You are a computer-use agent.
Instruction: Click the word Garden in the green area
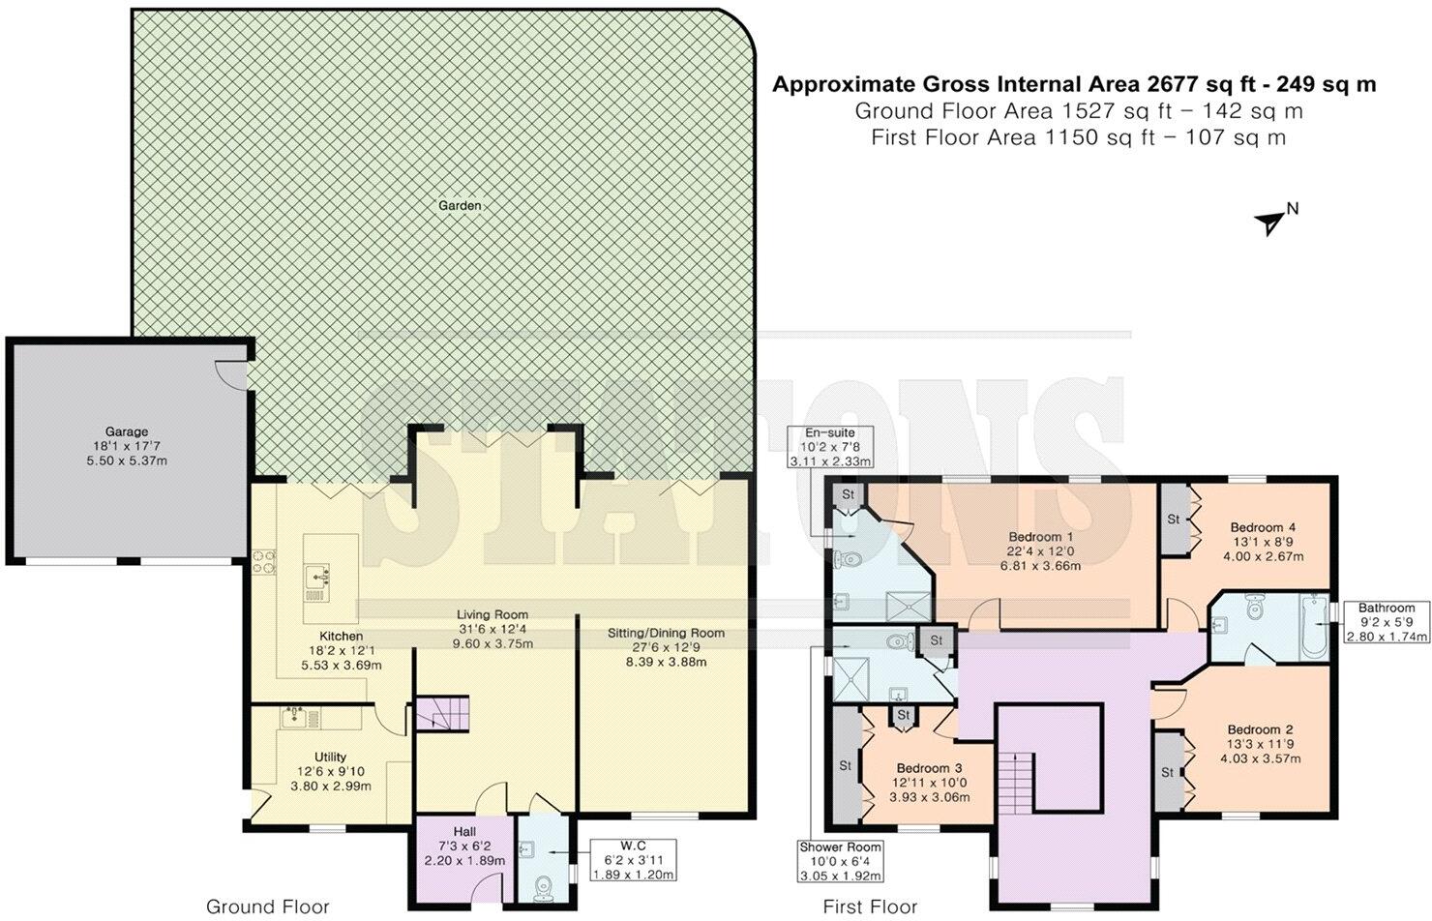460,205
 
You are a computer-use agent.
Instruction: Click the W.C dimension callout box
634,859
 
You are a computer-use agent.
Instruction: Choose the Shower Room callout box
840,861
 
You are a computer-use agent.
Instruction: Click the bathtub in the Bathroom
1314,628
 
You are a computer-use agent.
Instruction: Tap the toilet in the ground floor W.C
544,885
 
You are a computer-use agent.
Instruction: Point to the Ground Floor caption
267,906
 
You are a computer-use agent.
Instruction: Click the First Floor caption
870,906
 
